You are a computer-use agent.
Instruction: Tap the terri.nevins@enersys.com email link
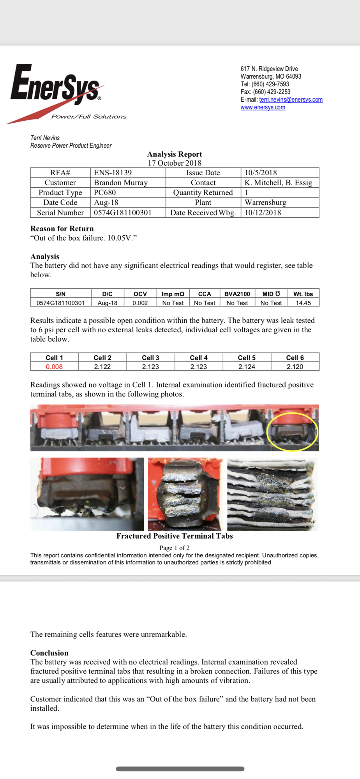pos(291,100)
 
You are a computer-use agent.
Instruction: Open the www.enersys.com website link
pos(263,108)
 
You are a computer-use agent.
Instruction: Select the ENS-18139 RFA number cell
pos(113,173)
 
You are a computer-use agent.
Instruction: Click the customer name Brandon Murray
pos(120,183)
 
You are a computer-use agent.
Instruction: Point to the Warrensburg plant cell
pos(265,203)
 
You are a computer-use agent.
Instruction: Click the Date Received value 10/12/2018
pos(263,213)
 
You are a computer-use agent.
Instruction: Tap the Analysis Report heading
pos(175,154)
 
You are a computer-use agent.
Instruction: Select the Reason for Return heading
pos(62,229)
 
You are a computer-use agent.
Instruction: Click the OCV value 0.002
pos(140,303)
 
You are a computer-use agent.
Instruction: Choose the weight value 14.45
pos(303,303)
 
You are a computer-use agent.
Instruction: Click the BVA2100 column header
pos(237,294)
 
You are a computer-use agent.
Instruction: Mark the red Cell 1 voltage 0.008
pos(54,367)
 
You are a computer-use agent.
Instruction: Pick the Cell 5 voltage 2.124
pos(247,367)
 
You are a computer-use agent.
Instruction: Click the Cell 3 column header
pos(150,358)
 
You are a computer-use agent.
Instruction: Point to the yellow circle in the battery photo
pos(292,432)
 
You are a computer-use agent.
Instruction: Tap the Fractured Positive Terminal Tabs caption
pos(175,536)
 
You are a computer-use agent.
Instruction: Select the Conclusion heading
pos(49,653)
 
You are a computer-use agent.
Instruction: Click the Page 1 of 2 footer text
pos(175,548)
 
